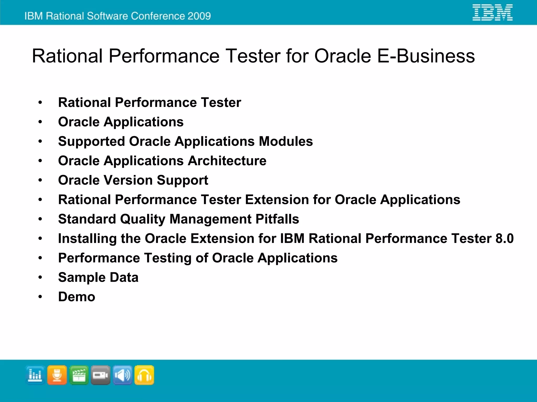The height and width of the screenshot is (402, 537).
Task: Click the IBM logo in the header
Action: [492, 12]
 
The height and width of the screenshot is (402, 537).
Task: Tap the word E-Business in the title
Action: [426, 56]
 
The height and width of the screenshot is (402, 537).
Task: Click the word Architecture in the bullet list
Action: [227, 161]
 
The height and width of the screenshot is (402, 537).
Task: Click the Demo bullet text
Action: [77, 297]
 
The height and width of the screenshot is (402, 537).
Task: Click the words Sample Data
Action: [98, 277]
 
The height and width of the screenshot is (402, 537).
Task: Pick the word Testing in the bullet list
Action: [168, 258]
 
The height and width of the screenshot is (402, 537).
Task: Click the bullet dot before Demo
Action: [40, 297]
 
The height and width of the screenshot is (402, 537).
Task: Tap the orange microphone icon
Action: [57, 375]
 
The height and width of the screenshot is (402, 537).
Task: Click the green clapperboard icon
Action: [79, 375]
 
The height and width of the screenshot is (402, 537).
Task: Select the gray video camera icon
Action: [101, 375]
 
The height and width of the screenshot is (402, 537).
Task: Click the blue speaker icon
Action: [122, 375]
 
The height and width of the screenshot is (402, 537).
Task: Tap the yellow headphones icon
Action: [144, 375]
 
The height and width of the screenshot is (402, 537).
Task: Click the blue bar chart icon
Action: [35, 375]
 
